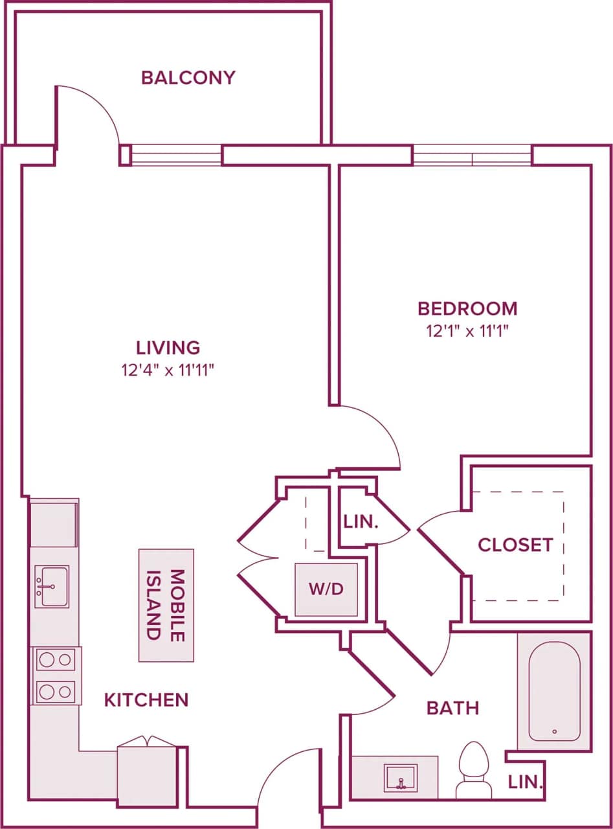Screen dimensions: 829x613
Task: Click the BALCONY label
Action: (x=188, y=78)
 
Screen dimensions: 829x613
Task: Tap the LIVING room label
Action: (x=168, y=348)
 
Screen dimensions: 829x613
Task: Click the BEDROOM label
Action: (x=467, y=308)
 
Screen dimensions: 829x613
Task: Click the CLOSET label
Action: (x=515, y=545)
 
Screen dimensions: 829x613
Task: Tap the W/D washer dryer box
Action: (x=326, y=589)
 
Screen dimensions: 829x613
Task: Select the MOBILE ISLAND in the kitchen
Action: (x=166, y=605)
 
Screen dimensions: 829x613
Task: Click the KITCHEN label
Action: (x=146, y=699)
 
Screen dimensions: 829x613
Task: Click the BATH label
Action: (x=452, y=708)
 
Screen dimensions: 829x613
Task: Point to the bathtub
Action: (x=553, y=691)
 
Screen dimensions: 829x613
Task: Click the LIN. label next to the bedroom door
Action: (x=361, y=523)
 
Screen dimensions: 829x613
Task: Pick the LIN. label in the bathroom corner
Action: (x=524, y=782)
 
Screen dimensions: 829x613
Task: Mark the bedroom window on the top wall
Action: (x=472, y=155)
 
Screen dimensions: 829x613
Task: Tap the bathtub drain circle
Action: (x=554, y=732)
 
